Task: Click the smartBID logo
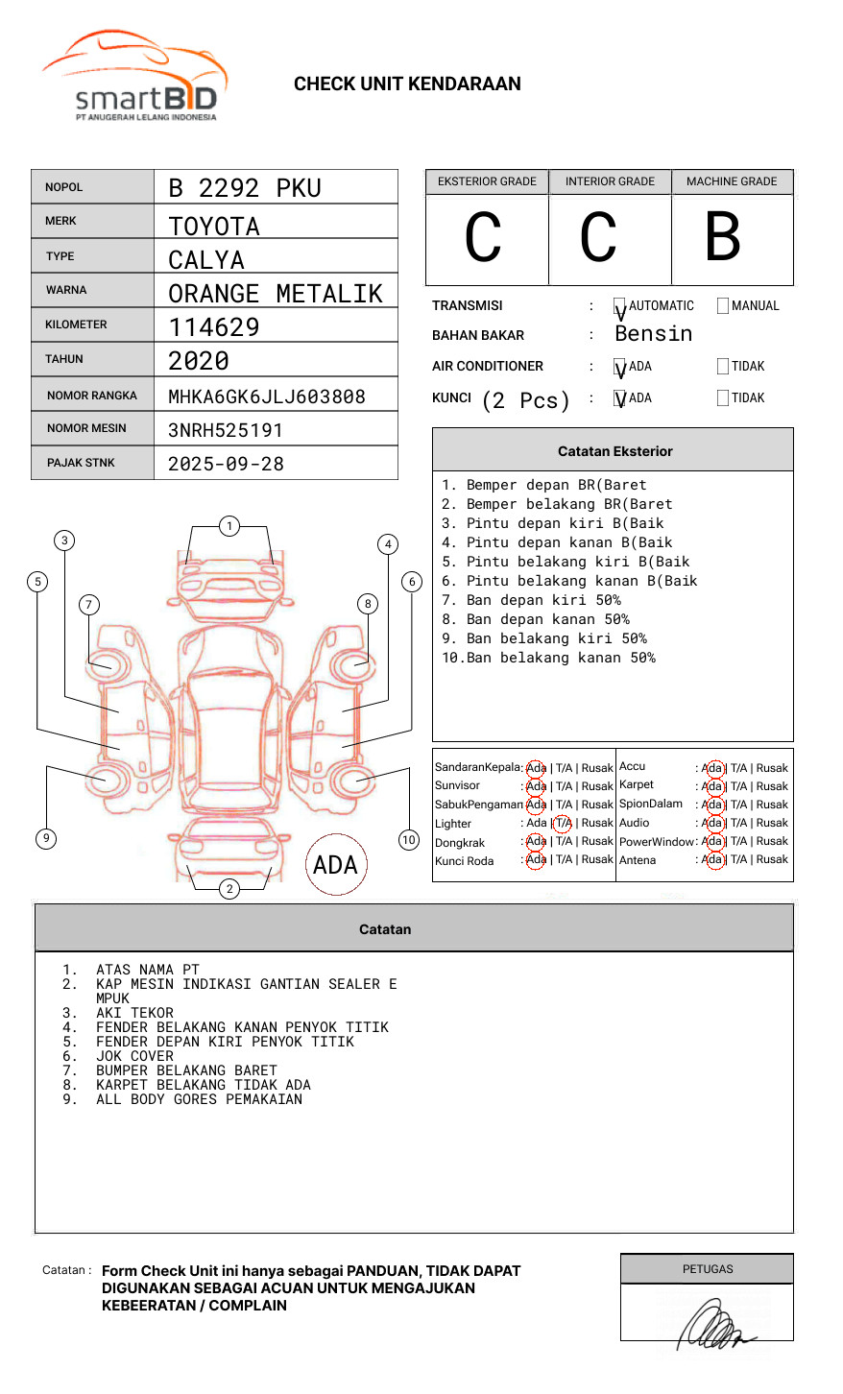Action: pyautogui.click(x=134, y=77)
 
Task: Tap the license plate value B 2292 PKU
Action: pyautogui.click(x=244, y=188)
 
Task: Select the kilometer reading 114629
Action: pyautogui.click(x=214, y=327)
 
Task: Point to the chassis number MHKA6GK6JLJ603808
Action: pyautogui.click(x=266, y=397)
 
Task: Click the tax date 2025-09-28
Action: pyautogui.click(x=226, y=464)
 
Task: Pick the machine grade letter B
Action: pyautogui.click(x=723, y=236)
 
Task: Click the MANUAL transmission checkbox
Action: pyautogui.click(x=723, y=306)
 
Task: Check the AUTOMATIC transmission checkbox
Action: pyautogui.click(x=620, y=307)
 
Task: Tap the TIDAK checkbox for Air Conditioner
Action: pyautogui.click(x=723, y=367)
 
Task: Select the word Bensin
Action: pyautogui.click(x=653, y=334)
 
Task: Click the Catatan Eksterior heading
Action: pyautogui.click(x=614, y=451)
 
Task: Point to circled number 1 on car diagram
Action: pyautogui.click(x=229, y=526)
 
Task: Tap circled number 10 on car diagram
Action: pyautogui.click(x=409, y=840)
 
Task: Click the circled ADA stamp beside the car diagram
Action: pyautogui.click(x=335, y=865)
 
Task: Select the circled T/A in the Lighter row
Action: pyautogui.click(x=563, y=823)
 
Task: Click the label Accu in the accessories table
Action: pyautogui.click(x=633, y=766)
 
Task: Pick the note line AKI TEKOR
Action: pyautogui.click(x=134, y=1013)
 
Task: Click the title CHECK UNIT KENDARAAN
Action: pyautogui.click(x=407, y=84)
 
